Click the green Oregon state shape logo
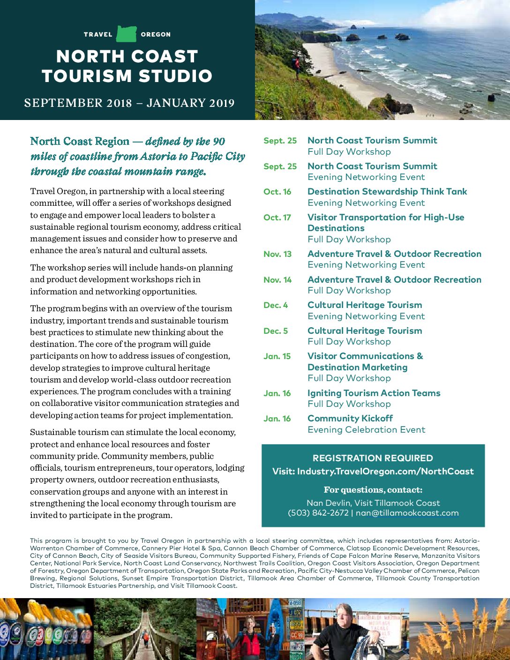coord(126,34)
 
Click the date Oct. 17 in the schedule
coord(277,217)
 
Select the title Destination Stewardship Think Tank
coord(387,192)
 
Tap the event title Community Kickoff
coord(350,419)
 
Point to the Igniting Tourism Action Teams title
coord(374,393)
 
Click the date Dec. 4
coord(276,305)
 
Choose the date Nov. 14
coord(277,280)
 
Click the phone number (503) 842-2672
coord(318,513)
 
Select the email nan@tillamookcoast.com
coord(407,513)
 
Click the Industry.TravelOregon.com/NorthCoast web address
coord(385,472)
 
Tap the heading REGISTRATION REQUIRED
coord(373,458)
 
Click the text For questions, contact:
coord(373,490)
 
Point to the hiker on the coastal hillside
coord(296,66)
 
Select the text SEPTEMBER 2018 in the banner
coord(78,103)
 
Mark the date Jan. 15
coord(277,356)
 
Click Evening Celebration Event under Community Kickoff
coord(366,430)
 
